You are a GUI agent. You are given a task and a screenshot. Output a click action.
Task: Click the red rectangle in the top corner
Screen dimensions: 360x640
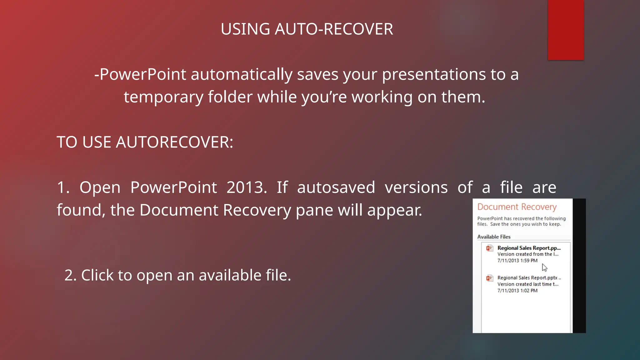pyautogui.click(x=566, y=30)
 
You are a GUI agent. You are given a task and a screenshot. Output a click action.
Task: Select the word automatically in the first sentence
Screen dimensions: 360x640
pyautogui.click(x=241, y=75)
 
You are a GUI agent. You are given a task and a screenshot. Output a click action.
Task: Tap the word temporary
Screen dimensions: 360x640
pyautogui.click(x=163, y=97)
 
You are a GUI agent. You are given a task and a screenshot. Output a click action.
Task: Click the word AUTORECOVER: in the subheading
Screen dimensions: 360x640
pyautogui.click(x=174, y=142)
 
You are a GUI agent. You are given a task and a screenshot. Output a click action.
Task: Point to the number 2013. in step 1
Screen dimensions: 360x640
pyautogui.click(x=247, y=187)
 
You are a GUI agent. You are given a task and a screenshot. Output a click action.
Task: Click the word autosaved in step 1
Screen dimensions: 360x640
pyautogui.click(x=336, y=187)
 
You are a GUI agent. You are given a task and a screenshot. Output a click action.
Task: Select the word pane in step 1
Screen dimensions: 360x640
pyautogui.click(x=314, y=210)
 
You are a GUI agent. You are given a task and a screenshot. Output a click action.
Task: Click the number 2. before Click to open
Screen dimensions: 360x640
pyautogui.click(x=70, y=275)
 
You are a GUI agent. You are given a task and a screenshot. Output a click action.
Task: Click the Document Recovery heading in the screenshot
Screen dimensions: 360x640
pyautogui.click(x=517, y=207)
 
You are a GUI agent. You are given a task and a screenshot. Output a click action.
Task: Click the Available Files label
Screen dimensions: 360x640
pyautogui.click(x=494, y=237)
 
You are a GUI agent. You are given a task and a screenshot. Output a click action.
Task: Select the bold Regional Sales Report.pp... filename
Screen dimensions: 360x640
pyautogui.click(x=529, y=248)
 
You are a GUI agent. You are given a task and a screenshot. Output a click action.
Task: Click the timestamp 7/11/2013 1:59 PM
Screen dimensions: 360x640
pyautogui.click(x=517, y=261)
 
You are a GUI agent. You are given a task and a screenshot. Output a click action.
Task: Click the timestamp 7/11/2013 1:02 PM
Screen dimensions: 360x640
pyautogui.click(x=517, y=291)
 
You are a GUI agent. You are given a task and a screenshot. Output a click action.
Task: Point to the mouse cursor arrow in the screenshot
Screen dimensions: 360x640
pyautogui.click(x=544, y=267)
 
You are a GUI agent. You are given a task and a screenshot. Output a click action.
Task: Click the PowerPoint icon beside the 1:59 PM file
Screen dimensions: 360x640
pyautogui.click(x=489, y=248)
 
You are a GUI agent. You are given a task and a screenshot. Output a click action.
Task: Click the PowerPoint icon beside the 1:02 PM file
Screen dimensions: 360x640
pyautogui.click(x=489, y=278)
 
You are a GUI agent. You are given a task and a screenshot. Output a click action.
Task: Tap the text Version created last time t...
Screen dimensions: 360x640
pyautogui.click(x=527, y=284)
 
